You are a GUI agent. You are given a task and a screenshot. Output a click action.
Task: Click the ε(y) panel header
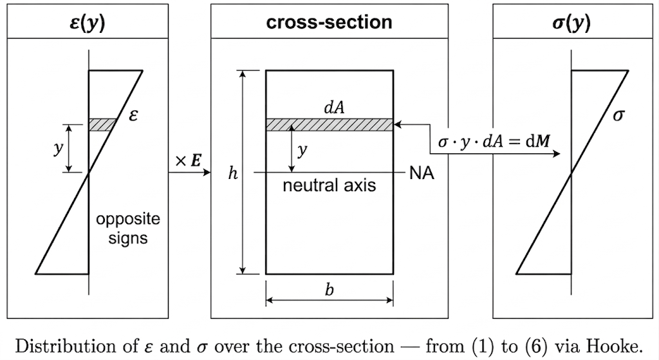point(88,23)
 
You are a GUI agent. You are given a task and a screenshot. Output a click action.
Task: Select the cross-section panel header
point(329,23)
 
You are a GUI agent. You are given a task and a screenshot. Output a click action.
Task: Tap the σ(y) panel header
point(571,23)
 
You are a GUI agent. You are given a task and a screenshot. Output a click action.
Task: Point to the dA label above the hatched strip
point(334,108)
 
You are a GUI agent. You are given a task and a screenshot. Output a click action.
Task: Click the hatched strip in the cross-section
point(329,124)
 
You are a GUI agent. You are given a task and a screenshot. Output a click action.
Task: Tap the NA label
point(422,173)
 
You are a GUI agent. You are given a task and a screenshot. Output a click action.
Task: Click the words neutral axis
point(329,186)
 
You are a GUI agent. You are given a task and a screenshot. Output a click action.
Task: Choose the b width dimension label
point(329,290)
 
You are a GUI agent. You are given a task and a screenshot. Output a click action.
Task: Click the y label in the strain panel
point(57,149)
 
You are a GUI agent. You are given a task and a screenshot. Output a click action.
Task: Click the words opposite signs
point(127,229)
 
